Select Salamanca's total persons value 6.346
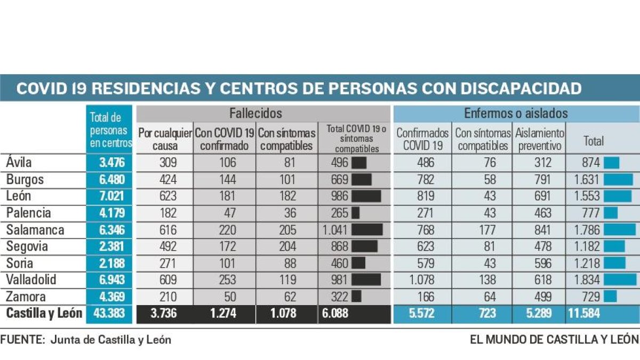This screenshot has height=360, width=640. click(x=112, y=230)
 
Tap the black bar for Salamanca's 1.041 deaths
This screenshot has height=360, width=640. click(x=367, y=230)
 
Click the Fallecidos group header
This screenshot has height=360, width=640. click(x=255, y=114)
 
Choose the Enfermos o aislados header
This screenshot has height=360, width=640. click(x=515, y=114)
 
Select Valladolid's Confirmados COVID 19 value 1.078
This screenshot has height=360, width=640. click(x=422, y=279)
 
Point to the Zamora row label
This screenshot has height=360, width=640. click(x=26, y=297)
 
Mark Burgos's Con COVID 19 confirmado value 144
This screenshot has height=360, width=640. click(x=225, y=180)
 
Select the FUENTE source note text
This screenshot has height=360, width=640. click(x=86, y=340)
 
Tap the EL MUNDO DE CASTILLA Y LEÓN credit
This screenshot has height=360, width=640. click(x=554, y=340)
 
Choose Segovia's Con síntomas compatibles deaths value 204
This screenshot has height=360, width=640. click(x=286, y=246)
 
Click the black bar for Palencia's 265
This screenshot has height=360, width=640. click(x=356, y=213)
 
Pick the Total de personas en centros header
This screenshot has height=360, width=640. click(x=110, y=130)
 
